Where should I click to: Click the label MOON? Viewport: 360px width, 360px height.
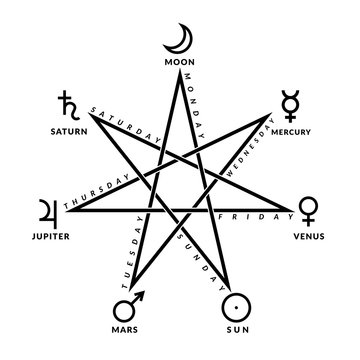coord(181,64)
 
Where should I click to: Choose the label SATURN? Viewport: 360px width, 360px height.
coord(65,129)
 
